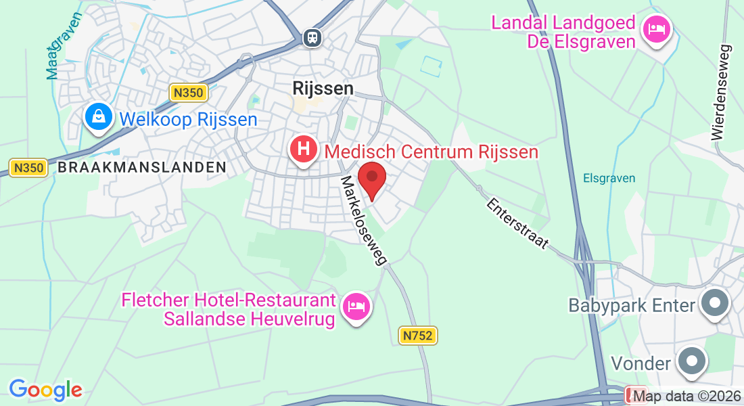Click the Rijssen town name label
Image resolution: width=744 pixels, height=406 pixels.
coord(323,88)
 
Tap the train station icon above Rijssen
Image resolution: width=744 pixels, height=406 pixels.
coord(312,37)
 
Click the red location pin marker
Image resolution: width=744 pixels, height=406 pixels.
coord(371,179)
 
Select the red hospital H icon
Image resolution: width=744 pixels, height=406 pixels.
coord(304,149)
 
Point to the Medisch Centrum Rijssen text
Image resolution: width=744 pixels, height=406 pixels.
coord(432,151)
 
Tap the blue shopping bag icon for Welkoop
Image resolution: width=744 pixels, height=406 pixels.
coord(99,117)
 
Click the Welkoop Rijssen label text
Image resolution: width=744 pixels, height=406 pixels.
coord(188,120)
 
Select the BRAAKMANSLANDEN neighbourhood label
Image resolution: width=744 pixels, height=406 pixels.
coord(142,167)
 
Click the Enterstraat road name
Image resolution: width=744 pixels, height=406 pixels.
coord(517,223)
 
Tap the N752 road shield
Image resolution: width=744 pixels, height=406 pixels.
coord(417,335)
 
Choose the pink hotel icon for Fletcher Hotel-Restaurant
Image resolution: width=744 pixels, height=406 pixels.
coord(356,307)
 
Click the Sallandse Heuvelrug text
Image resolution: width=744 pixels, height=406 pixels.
coord(250,319)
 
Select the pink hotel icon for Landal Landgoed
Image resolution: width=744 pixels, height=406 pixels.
coord(656,29)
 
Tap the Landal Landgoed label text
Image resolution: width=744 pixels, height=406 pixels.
coord(563,32)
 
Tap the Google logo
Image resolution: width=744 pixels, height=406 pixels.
coord(45,390)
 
